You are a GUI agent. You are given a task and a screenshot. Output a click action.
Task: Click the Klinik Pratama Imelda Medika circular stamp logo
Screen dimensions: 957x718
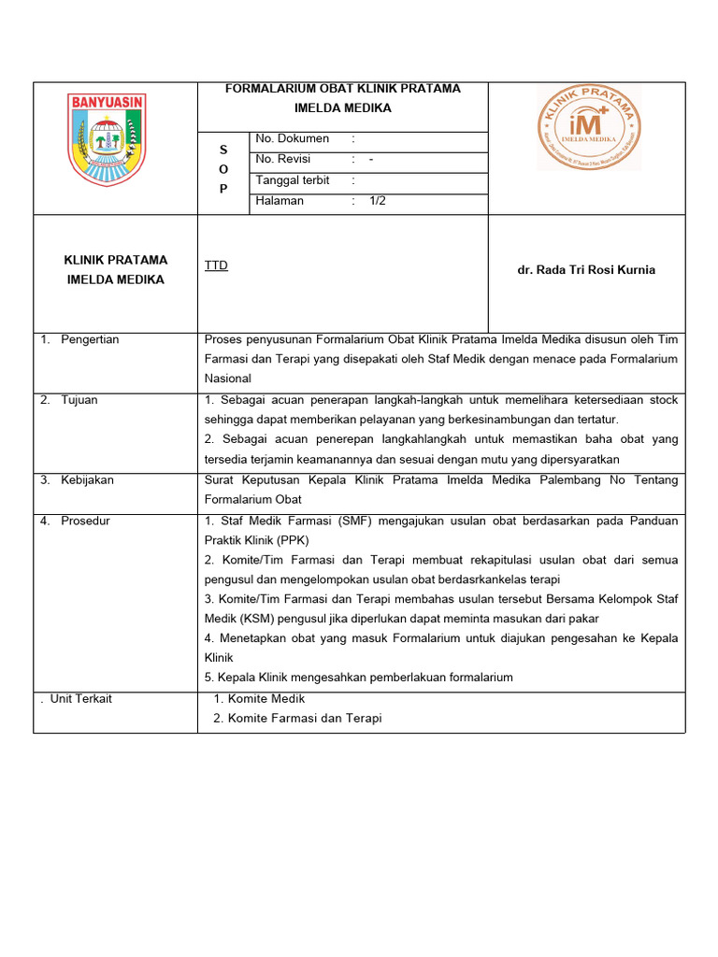[x=588, y=128]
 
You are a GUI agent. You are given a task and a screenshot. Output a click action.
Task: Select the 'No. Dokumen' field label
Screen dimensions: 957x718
[x=292, y=138]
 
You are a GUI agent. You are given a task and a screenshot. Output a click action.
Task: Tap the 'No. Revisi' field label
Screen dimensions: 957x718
[x=282, y=159]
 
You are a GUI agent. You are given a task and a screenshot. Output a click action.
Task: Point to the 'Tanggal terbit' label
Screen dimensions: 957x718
[x=293, y=180]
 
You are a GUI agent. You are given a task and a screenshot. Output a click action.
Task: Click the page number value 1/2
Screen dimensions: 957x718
[x=378, y=201]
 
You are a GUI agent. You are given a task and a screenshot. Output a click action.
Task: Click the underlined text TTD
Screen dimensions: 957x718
[x=216, y=265]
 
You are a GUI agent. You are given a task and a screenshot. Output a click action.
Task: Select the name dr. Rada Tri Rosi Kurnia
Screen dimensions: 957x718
[x=586, y=270]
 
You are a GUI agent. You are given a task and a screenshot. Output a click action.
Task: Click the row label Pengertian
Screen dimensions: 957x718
[x=90, y=339]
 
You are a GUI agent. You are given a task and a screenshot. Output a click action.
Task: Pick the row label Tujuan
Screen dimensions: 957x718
[x=79, y=400]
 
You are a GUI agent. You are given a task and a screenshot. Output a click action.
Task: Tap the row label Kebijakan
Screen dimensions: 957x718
[x=87, y=479]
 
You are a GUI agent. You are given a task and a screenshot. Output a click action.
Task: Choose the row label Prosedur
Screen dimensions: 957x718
[x=85, y=521]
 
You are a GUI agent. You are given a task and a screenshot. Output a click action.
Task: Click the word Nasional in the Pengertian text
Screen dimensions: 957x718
[x=228, y=379]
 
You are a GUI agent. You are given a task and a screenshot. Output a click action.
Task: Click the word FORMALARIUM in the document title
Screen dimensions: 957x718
[x=270, y=89]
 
